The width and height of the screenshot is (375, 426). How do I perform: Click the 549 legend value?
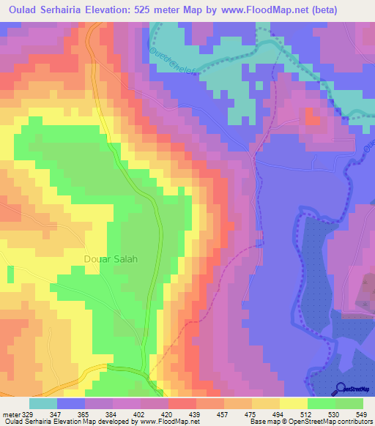360,414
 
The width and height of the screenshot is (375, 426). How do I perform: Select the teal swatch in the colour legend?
43,403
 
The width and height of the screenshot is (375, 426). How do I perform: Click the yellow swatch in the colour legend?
293,403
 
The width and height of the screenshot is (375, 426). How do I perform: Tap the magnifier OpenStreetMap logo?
341,389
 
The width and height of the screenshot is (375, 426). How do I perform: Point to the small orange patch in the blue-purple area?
313,117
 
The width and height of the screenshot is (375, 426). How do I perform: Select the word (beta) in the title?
351,10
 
